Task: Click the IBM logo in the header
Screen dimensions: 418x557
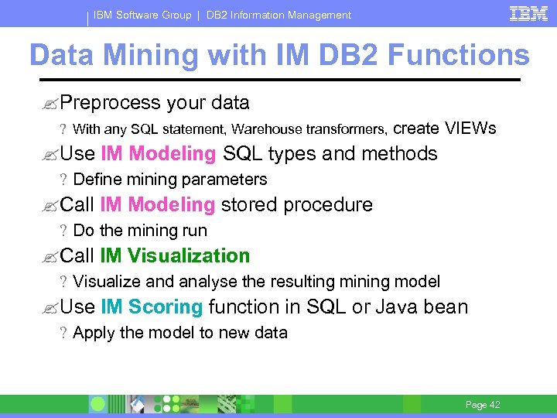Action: point(528,13)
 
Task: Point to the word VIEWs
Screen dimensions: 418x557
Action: point(470,128)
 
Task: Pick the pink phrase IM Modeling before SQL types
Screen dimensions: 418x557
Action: point(159,154)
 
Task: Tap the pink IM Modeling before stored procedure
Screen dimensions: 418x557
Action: point(158,205)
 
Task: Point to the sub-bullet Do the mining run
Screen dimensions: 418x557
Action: point(139,231)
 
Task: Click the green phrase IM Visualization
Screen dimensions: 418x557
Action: point(175,256)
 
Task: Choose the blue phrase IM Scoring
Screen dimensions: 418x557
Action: point(152,307)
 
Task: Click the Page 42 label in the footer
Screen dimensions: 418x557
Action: point(483,405)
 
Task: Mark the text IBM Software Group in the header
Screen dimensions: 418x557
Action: point(142,15)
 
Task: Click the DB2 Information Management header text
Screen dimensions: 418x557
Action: point(278,15)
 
